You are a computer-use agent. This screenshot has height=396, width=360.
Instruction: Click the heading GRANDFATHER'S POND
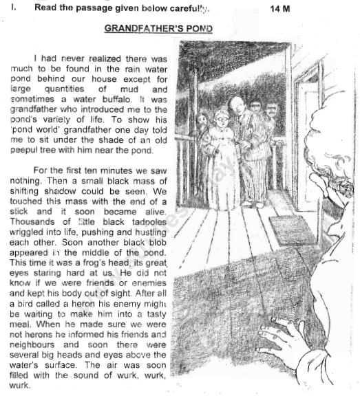[x=158, y=29]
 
